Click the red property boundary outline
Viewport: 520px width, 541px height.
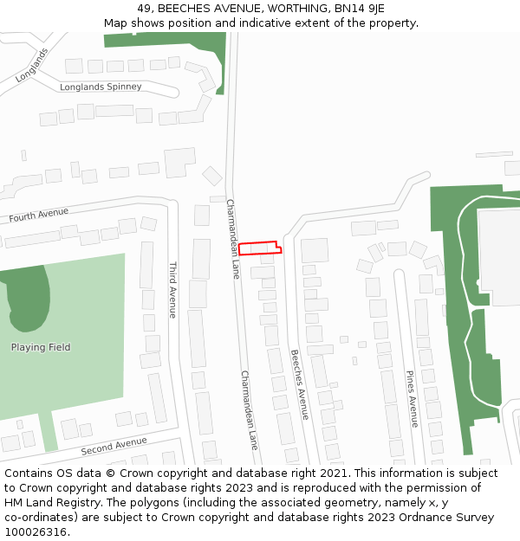[259, 248]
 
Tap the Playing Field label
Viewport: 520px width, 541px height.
[41, 348]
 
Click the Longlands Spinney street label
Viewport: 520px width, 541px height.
[101, 87]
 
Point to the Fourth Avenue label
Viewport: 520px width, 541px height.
[39, 215]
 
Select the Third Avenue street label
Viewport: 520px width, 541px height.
[172, 289]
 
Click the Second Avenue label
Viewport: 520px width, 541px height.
[114, 447]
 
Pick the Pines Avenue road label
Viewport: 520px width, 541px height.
[413, 398]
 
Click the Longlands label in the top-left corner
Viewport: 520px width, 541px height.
[32, 65]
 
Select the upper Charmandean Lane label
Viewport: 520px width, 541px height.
[232, 238]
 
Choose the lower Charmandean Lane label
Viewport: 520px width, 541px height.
[249, 409]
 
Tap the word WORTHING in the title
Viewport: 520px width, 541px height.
[291, 9]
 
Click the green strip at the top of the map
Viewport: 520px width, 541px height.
[165, 40]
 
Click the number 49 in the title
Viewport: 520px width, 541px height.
[144, 9]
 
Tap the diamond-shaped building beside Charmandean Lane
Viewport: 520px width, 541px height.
[212, 176]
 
